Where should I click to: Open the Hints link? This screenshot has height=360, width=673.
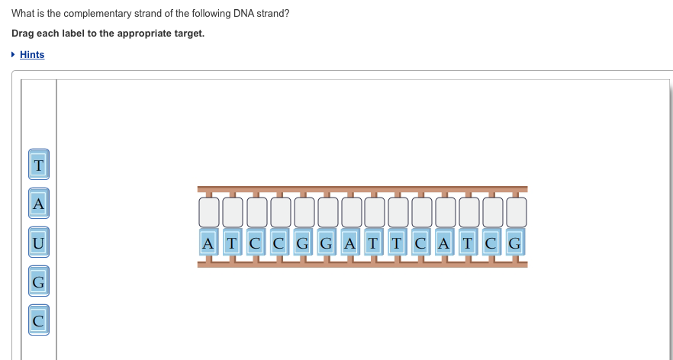(x=32, y=55)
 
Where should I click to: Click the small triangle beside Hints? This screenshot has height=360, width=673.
(x=14, y=55)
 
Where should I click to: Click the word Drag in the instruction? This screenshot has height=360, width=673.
(x=24, y=34)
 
